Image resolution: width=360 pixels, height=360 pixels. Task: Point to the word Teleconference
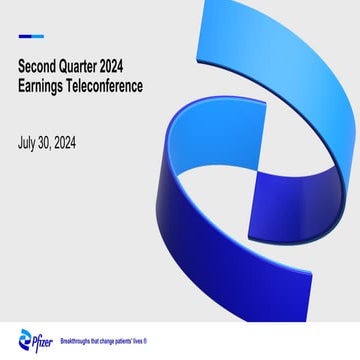pyautogui.click(x=110, y=86)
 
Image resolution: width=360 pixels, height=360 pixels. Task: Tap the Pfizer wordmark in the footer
pyautogui.click(x=43, y=338)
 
